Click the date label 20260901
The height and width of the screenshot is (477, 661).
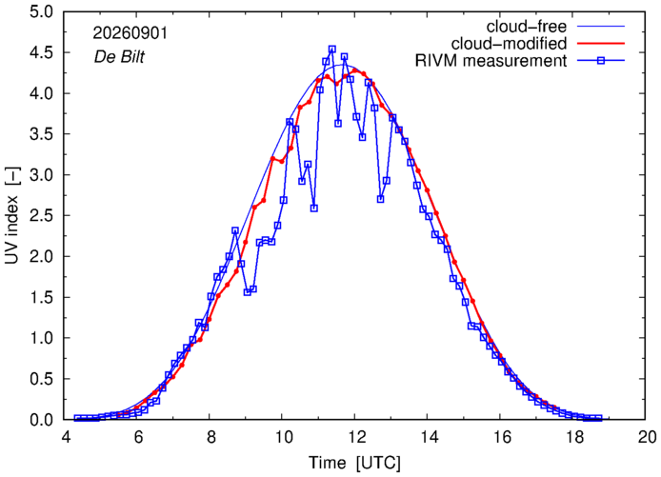(130, 33)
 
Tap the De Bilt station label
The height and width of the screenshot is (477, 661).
(119, 57)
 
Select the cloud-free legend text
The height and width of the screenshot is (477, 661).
(526, 27)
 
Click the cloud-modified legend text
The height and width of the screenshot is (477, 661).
(509, 44)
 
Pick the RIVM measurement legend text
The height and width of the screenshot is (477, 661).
(491, 61)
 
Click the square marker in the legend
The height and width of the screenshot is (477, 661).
(601, 61)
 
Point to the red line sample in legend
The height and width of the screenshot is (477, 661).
(601, 44)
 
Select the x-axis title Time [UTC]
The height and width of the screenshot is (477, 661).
(354, 463)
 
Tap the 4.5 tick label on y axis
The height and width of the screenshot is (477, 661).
(42, 52)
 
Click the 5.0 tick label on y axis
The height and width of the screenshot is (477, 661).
(42, 11)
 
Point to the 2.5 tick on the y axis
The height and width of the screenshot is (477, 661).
(42, 216)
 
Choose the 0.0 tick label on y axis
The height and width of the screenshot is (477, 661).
(42, 420)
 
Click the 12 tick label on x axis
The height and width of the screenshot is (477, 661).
(354, 437)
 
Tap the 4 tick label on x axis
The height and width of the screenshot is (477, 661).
(66, 437)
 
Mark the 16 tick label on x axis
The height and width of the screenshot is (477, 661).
(500, 437)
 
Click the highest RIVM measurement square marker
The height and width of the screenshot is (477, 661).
(332, 50)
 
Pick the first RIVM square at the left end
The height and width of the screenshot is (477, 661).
(77, 418)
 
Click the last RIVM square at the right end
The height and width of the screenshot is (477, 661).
(598, 418)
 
